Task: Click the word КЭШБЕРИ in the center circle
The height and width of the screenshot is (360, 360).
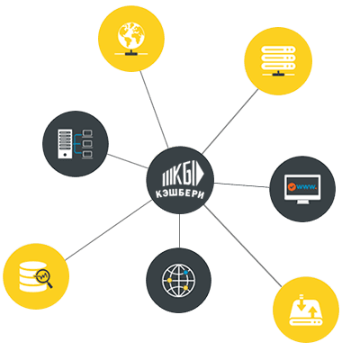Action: (x=180, y=194)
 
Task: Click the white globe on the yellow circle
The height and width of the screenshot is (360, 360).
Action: (x=131, y=35)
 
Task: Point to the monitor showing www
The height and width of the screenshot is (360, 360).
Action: (x=302, y=189)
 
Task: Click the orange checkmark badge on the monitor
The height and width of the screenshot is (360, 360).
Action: (x=292, y=187)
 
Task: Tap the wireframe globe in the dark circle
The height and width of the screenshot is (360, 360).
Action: (x=179, y=281)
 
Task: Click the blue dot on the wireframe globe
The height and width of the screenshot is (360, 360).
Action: (x=185, y=272)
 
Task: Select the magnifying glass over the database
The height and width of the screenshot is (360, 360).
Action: (x=44, y=277)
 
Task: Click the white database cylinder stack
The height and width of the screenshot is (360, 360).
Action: (x=32, y=276)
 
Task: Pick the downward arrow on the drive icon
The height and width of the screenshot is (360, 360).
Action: (x=301, y=305)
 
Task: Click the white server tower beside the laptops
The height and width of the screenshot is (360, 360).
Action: (x=65, y=144)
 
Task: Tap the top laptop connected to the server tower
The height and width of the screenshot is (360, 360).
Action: (x=87, y=133)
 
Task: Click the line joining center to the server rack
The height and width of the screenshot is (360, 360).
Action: (x=230, y=121)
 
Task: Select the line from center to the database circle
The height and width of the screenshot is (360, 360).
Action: (x=108, y=230)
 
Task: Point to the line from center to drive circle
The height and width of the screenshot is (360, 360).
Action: (x=243, y=246)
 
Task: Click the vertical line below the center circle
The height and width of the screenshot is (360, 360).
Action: (x=179, y=231)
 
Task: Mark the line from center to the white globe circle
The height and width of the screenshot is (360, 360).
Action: (x=154, y=109)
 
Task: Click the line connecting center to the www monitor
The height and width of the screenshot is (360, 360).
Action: (x=242, y=185)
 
